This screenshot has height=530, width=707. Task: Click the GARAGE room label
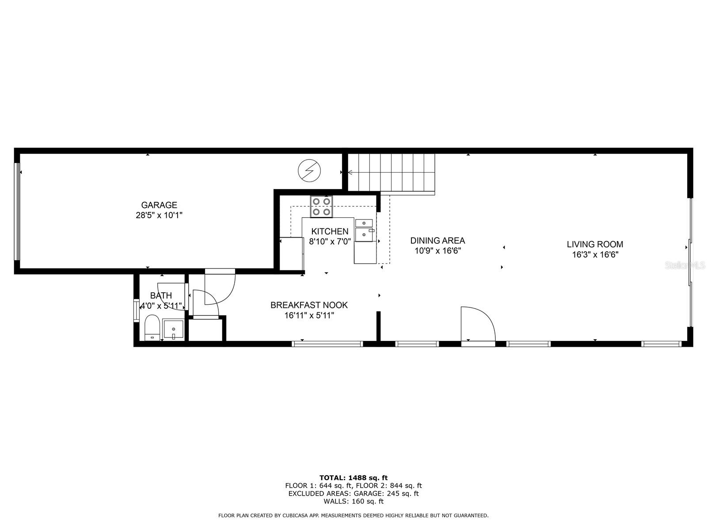[x=159, y=205]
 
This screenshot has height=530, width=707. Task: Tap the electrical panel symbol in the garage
[x=309, y=170]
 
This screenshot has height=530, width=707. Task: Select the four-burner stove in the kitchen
[x=321, y=206]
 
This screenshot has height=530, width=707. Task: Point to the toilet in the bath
[x=152, y=327]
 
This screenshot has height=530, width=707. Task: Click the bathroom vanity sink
[x=174, y=329]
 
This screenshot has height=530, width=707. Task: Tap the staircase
[x=391, y=172]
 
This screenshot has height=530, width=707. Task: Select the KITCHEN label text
[x=330, y=231]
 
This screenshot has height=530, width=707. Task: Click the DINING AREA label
[x=437, y=241]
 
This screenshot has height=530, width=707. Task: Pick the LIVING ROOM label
[x=595, y=244]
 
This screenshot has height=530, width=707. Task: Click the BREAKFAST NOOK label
[x=309, y=305]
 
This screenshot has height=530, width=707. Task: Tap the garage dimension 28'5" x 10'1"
[x=159, y=216]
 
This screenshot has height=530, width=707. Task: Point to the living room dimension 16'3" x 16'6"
[x=595, y=255]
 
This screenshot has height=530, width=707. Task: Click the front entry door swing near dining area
[x=477, y=325]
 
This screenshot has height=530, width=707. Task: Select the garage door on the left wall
[x=18, y=212]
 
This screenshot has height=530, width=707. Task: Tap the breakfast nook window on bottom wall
[x=327, y=344]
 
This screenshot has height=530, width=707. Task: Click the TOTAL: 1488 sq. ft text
[x=353, y=477]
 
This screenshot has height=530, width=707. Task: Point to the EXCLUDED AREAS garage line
[x=353, y=493]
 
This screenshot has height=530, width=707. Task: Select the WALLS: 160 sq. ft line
[x=353, y=501]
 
